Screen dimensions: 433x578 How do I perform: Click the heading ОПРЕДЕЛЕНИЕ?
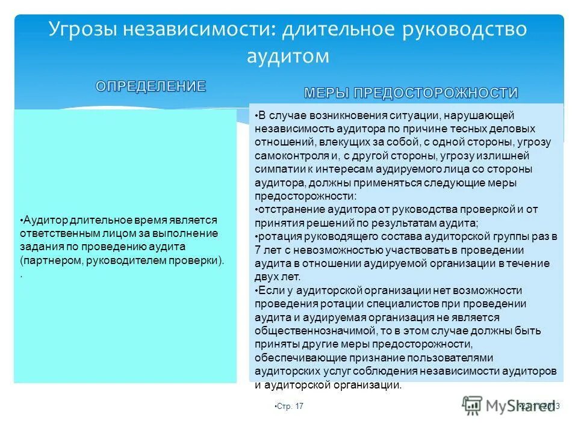pyautogui.click(x=151, y=86)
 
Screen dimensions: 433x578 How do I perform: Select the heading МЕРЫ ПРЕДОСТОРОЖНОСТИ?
pyautogui.click(x=411, y=93)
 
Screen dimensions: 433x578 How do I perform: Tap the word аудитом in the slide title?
pyautogui.click(x=288, y=56)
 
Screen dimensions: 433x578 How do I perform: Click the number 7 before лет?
pyautogui.click(x=258, y=250)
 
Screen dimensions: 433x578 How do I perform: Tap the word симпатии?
pyautogui.click(x=276, y=169)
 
